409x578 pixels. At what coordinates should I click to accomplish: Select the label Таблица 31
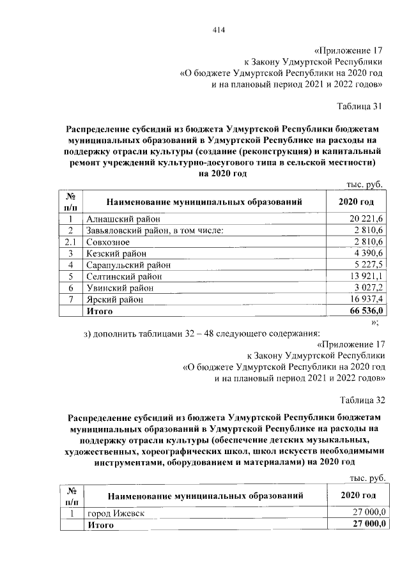360,106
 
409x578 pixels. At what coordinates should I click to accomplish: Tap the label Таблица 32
360,400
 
